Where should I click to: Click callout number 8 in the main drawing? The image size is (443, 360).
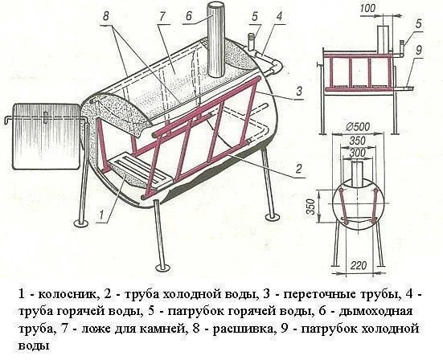105,16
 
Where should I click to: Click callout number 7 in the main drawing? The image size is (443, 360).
162,16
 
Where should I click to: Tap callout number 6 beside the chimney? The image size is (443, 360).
188,16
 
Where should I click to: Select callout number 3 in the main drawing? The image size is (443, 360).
299,91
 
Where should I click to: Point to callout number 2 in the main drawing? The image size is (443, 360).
298,169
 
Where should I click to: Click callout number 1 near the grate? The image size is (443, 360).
100,215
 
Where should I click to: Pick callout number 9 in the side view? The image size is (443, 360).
419,50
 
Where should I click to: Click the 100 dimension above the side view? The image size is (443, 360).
368,8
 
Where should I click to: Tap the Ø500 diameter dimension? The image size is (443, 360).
357,127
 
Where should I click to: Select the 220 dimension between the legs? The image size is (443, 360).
359,265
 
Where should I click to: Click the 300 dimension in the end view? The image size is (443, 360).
358,153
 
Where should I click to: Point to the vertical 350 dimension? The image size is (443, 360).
311,207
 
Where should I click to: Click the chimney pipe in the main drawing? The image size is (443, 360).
216,40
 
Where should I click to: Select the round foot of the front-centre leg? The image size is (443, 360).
162,267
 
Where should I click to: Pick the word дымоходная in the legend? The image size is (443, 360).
376,312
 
